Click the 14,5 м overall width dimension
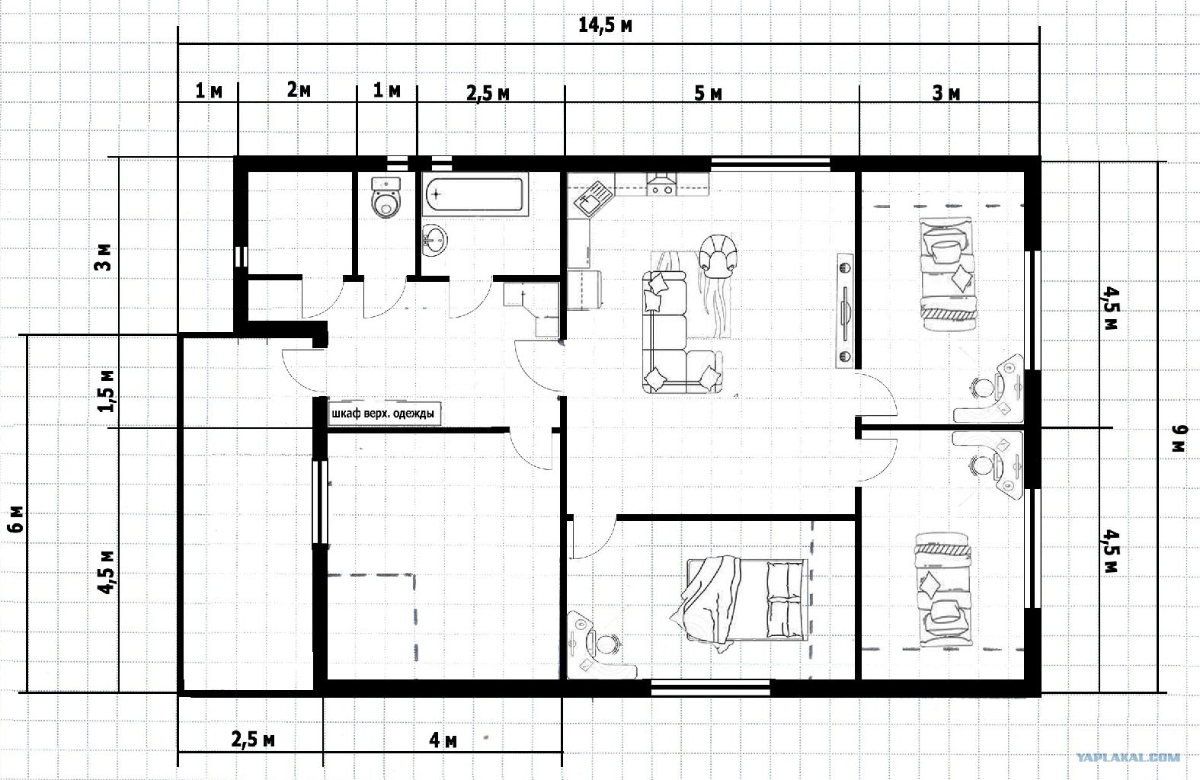tap(606, 26)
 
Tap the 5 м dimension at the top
tap(708, 94)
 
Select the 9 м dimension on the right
tap(1179, 438)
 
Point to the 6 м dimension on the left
tap(17, 519)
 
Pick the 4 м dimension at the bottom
tap(443, 740)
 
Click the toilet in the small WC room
tap(386, 197)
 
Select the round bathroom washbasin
tap(434, 241)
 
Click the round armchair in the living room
tap(718, 255)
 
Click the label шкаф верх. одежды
tap(383, 414)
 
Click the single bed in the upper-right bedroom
tap(947, 275)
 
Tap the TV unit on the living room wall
tap(844, 311)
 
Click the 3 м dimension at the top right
tap(946, 94)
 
